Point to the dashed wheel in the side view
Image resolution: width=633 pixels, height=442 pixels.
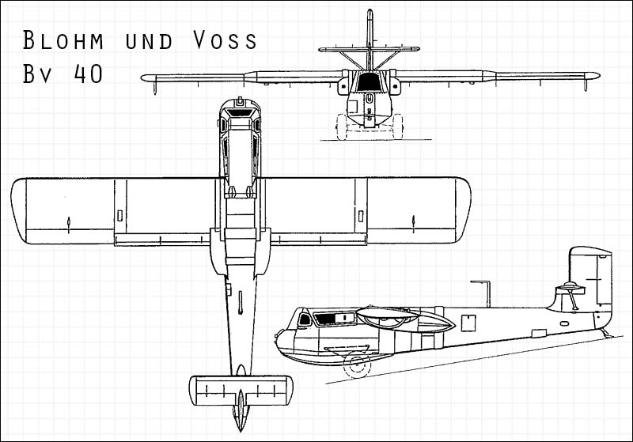[358, 365]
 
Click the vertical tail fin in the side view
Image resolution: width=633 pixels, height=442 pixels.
[589, 277]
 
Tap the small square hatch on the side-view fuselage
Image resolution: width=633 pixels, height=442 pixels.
[469, 321]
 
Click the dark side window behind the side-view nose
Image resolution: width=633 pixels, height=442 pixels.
[334, 319]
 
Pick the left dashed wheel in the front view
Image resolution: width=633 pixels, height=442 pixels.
[342, 127]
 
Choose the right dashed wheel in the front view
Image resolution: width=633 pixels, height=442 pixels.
[398, 127]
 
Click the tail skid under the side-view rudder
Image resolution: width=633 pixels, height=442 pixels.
[606, 334]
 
